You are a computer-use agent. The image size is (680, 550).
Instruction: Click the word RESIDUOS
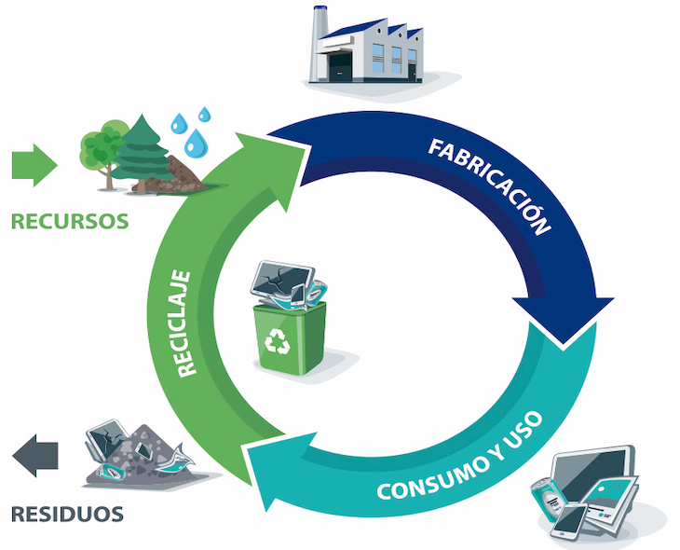tap(67, 513)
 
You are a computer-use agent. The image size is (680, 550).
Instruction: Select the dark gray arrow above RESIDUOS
tap(35, 455)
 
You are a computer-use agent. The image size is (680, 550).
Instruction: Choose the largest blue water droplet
tap(196, 144)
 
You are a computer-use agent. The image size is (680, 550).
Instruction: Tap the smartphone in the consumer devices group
tap(568, 522)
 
